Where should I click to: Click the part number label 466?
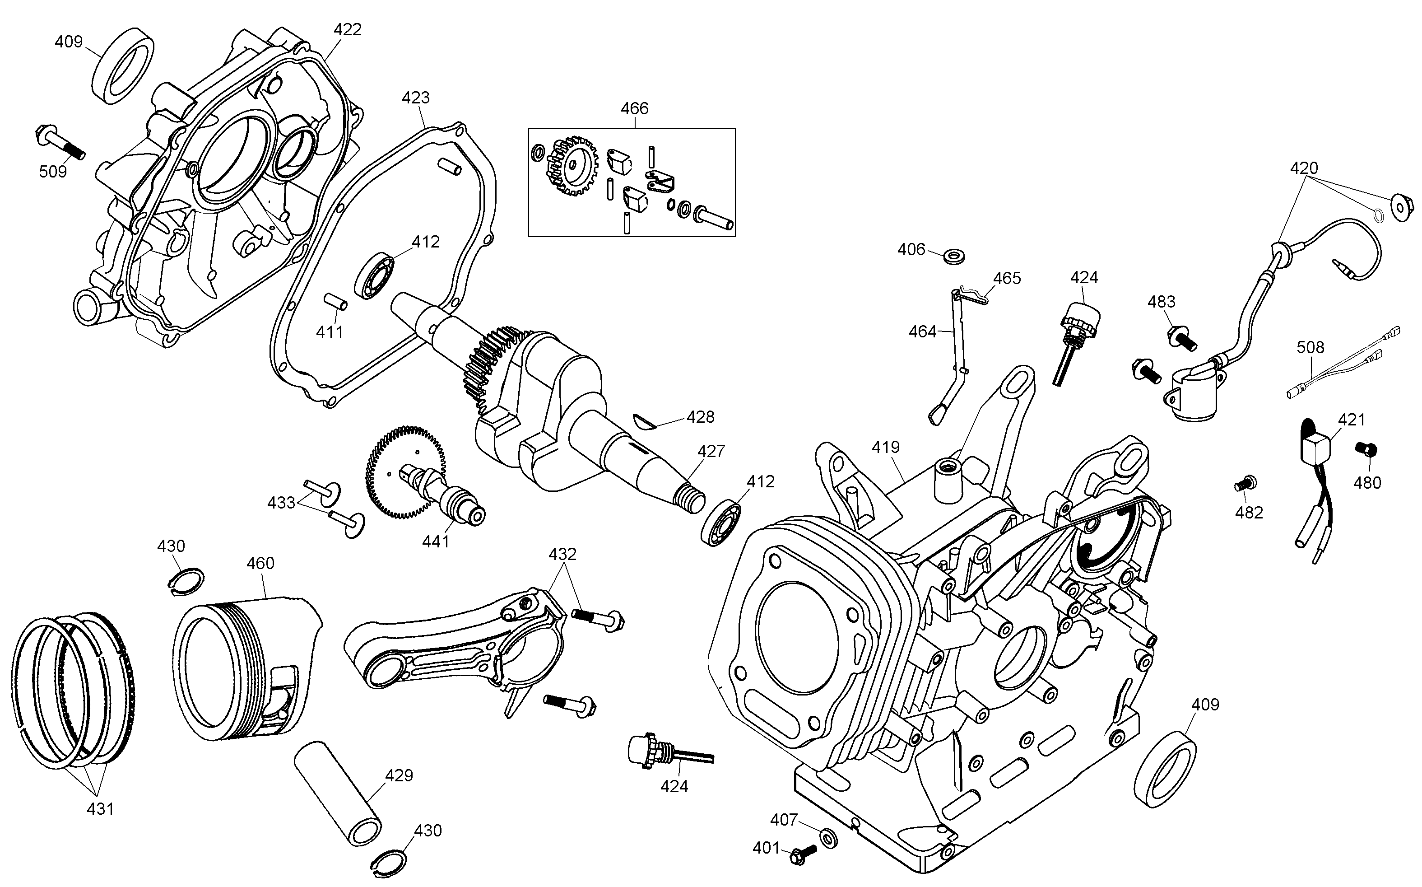click(634, 108)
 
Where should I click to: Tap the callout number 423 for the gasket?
click(416, 98)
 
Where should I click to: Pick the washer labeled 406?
click(955, 257)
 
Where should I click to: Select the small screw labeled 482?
click(1245, 485)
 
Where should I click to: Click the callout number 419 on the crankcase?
click(885, 448)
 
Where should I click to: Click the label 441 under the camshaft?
click(436, 542)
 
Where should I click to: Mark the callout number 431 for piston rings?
click(100, 809)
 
